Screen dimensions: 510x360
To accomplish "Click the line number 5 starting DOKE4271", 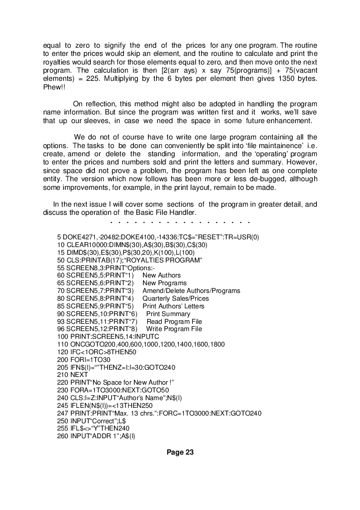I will pos(59,237).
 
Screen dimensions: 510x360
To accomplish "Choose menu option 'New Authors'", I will pos(162,275).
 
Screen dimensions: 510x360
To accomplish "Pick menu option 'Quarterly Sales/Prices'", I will pos(176,298).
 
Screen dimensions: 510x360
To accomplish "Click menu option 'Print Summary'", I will pos(168,314).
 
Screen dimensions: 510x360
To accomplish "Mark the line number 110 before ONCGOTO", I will pos(63,344).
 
